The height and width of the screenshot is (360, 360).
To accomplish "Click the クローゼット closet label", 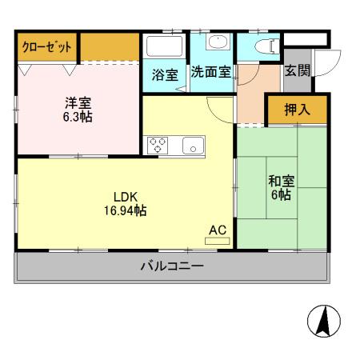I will pyautogui.click(x=46, y=47).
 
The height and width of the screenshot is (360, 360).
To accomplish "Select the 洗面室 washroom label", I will pyautogui.click(x=211, y=71).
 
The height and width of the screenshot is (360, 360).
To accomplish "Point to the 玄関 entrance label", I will pyautogui.click(x=297, y=70).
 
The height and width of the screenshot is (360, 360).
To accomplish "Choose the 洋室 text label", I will pyautogui.click(x=78, y=102).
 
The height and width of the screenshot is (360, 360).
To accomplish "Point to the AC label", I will pyautogui.click(x=218, y=230).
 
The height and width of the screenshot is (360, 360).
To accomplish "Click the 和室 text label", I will pyautogui.click(x=279, y=181).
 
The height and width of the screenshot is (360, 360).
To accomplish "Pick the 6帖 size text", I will pyautogui.click(x=279, y=196).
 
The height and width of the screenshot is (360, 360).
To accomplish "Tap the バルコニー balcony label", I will pyautogui.click(x=172, y=266).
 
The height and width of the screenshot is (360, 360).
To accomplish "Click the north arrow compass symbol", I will pyautogui.click(x=324, y=322).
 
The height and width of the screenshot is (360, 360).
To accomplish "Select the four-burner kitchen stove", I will pyautogui.click(x=156, y=145).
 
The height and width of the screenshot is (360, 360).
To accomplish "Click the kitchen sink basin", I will pyautogui.click(x=193, y=146).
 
